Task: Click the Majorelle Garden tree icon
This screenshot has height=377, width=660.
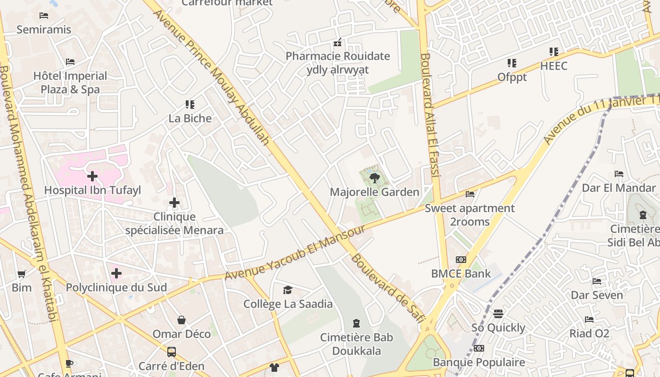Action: click(x=374, y=178)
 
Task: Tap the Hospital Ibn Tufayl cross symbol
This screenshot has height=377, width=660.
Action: click(x=92, y=176)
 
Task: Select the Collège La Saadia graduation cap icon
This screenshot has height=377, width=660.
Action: click(x=288, y=290)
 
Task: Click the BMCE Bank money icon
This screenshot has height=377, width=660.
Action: click(x=461, y=260)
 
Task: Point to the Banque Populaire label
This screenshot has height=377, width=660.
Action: click(x=479, y=362)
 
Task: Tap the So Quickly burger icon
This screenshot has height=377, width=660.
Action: click(x=498, y=313)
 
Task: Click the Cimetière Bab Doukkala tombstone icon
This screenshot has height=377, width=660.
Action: click(x=356, y=323)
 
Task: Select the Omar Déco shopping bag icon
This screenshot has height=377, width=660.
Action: click(x=181, y=320)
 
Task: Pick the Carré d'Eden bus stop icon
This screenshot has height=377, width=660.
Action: click(x=172, y=352)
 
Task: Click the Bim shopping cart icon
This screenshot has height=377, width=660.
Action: click(x=22, y=274)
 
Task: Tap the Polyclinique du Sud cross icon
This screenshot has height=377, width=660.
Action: click(x=116, y=273)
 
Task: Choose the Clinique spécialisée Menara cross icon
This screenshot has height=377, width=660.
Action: click(x=174, y=203)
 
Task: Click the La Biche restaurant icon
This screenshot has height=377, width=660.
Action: click(x=190, y=104)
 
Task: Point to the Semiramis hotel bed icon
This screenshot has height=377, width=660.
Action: click(x=44, y=16)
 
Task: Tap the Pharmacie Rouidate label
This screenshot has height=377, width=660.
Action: click(x=338, y=56)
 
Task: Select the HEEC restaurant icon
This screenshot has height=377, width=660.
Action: click(x=553, y=52)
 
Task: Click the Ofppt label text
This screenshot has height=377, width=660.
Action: click(x=512, y=77)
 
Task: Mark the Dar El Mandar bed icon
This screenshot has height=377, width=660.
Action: click(x=619, y=174)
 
